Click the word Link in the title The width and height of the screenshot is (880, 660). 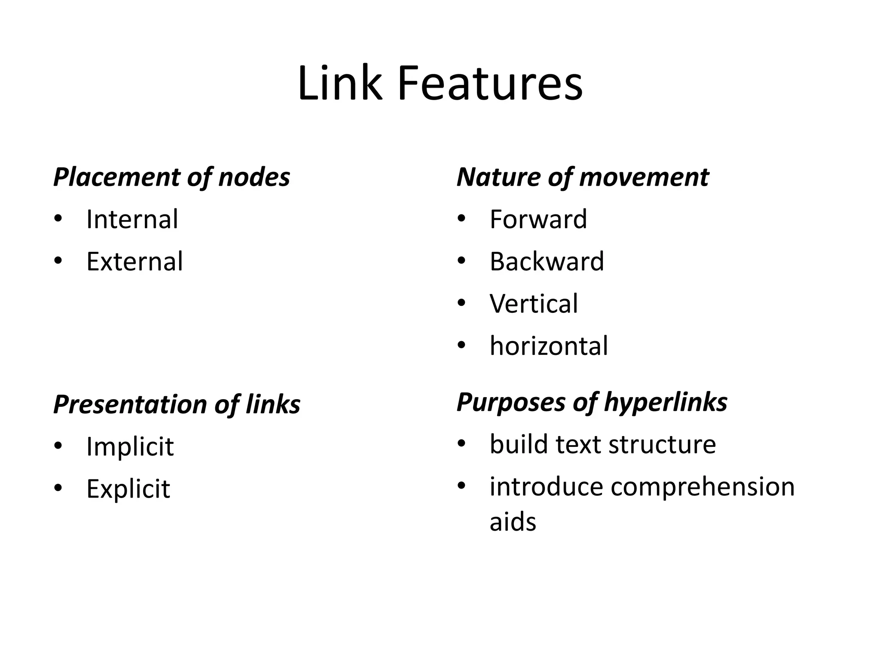click(339, 84)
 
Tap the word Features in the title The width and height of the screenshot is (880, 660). click(490, 84)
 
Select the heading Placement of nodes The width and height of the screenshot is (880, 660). click(171, 177)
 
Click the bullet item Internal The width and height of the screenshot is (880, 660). click(132, 219)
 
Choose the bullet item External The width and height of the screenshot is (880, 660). click(134, 261)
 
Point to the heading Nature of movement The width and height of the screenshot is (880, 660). click(582, 177)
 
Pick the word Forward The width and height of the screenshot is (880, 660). click(538, 219)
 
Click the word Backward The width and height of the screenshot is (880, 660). click(547, 261)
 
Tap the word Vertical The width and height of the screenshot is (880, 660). click(534, 303)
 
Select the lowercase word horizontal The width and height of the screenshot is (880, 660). click(549, 345)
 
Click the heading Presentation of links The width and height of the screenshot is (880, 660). click(177, 404)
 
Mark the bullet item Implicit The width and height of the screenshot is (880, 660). click(130, 446)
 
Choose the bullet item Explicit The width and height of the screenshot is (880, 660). click(128, 489)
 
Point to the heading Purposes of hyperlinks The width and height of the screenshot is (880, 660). click(592, 402)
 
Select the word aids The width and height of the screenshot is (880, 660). click(513, 522)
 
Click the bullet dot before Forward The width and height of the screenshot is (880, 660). click(461, 218)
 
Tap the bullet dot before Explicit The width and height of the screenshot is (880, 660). click(58, 488)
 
